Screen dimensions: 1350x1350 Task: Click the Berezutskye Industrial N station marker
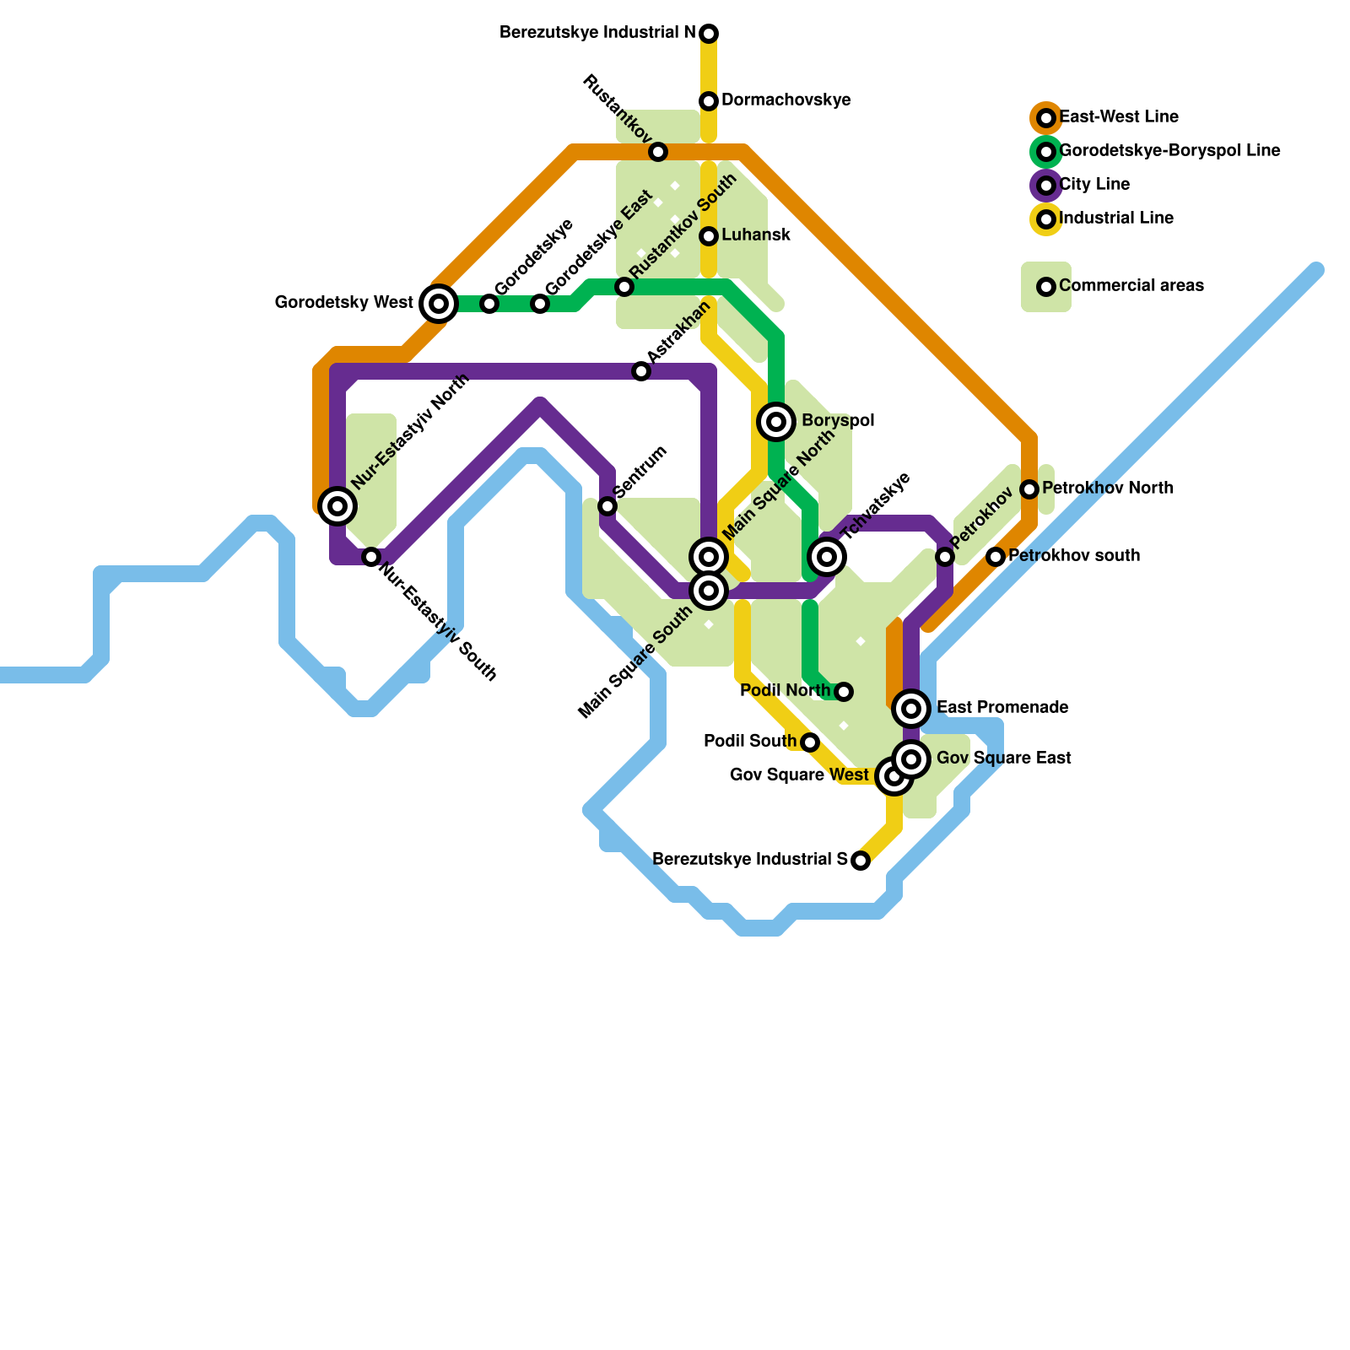(709, 34)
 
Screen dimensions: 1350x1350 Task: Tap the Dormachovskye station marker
(709, 101)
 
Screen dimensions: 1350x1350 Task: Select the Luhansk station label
(756, 235)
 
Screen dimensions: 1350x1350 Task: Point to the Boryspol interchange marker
(776, 421)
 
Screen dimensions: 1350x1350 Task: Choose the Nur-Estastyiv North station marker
(337, 505)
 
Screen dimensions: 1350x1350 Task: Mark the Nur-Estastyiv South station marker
(371, 557)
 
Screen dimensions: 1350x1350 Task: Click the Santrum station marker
(607, 506)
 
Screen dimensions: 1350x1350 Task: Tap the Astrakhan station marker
(641, 371)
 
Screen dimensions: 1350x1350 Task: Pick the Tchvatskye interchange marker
(827, 556)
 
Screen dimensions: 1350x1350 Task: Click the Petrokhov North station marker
(1029, 489)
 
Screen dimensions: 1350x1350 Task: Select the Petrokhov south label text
(1074, 556)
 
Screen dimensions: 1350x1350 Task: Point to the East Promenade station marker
(911, 708)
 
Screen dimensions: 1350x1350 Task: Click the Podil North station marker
(844, 692)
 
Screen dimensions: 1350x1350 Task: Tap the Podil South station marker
(810, 742)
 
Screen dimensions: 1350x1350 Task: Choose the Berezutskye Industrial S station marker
(861, 861)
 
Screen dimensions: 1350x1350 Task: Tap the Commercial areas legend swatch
(1046, 287)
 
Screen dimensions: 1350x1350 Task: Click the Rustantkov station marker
(658, 152)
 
